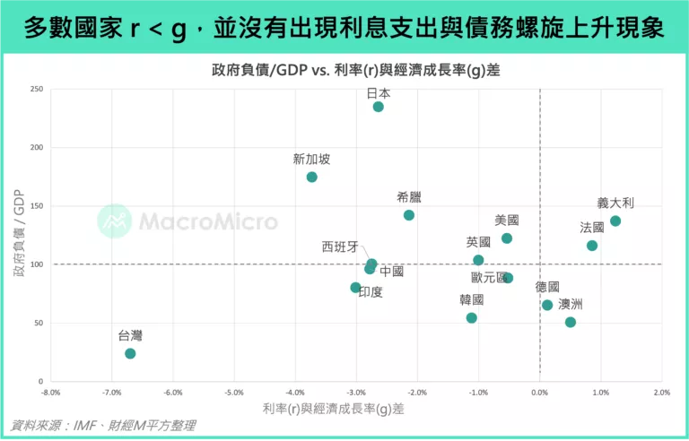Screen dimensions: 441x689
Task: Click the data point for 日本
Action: coord(378,107)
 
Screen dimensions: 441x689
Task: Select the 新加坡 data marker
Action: coord(311,177)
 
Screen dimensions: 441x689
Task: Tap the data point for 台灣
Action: coord(130,353)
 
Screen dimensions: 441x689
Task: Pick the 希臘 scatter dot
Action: coord(409,215)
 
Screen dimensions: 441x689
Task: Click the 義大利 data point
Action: coord(615,220)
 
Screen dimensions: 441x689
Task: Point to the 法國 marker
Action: coord(592,246)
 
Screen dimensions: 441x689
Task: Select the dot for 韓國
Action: coord(472,317)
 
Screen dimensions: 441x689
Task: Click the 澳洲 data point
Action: coord(571,322)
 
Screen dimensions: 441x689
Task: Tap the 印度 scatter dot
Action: coord(355,288)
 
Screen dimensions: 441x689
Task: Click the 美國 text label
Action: coord(507,220)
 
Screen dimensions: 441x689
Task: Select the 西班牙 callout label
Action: coord(340,246)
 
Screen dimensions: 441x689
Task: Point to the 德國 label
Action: coord(547,287)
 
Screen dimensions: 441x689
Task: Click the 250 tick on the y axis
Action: coord(37,89)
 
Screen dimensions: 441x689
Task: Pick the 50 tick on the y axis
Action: coord(39,323)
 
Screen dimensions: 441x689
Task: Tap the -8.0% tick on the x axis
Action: coord(50,393)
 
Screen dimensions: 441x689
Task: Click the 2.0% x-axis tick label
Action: coord(661,393)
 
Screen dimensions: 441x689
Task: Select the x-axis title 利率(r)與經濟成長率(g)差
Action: coord(333,409)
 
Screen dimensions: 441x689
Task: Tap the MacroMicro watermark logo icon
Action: coord(114,220)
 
